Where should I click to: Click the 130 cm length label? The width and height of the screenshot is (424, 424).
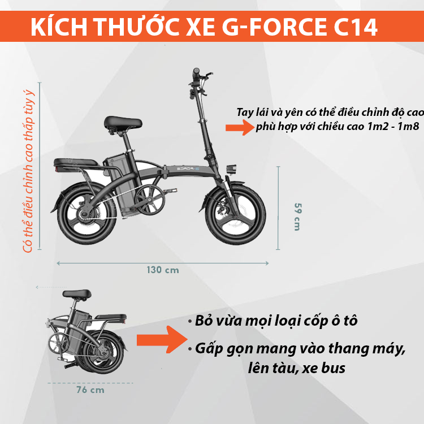click(x=163, y=270)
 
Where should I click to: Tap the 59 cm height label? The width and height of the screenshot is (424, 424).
click(x=297, y=217)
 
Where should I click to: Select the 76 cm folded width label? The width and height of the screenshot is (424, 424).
click(x=90, y=390)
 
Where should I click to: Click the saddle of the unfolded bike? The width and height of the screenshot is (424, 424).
click(x=123, y=123)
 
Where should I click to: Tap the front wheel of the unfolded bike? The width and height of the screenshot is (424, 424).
click(x=235, y=215)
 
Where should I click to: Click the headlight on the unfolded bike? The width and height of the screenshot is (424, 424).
click(x=231, y=169)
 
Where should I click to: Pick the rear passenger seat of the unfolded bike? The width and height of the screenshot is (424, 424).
click(x=76, y=163)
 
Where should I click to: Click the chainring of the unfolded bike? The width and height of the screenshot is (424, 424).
click(x=150, y=200)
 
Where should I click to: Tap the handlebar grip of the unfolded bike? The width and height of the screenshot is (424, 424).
click(x=196, y=73)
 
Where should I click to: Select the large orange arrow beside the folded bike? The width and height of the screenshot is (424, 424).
click(x=162, y=340)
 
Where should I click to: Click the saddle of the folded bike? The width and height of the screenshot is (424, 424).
click(x=77, y=293)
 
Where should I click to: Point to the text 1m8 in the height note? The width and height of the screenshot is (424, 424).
click(x=408, y=126)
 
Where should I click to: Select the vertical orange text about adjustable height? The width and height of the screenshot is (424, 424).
click(x=28, y=171)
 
